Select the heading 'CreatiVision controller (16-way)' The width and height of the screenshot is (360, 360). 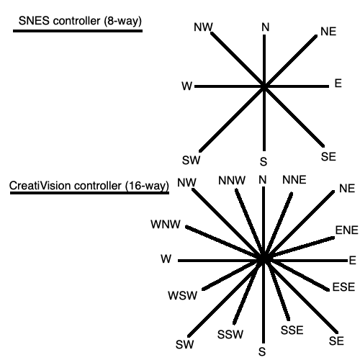(x=89, y=185)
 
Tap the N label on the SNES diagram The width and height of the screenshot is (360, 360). (x=266, y=27)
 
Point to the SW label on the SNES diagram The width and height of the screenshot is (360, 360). (x=191, y=159)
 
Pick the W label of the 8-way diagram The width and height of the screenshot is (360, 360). (x=187, y=86)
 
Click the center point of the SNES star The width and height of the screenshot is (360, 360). (x=264, y=86)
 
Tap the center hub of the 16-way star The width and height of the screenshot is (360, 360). (x=264, y=259)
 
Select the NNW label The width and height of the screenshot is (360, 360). (x=230, y=180)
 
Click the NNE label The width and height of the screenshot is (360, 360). (x=294, y=179)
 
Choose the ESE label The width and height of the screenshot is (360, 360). (x=343, y=287)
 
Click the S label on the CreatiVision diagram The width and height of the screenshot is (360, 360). (x=262, y=351)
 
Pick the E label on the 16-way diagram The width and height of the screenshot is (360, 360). (x=352, y=260)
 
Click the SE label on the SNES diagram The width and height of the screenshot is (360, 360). (x=328, y=156)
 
